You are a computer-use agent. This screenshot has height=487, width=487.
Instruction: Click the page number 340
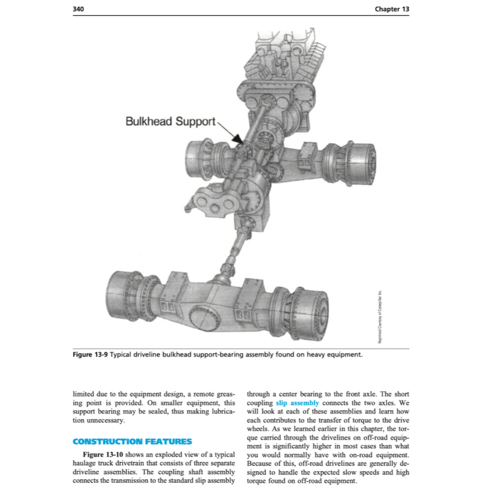coord(78,9)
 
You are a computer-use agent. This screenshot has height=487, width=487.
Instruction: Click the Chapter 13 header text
coord(391,9)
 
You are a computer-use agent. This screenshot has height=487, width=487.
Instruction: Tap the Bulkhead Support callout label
coord(170,121)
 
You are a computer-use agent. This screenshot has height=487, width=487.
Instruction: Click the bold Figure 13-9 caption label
coord(90,354)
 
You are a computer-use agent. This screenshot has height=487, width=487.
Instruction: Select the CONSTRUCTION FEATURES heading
coord(132,441)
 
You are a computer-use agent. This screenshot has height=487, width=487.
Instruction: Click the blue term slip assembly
coord(297,403)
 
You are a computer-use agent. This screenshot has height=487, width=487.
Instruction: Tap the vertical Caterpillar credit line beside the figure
coord(380,316)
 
